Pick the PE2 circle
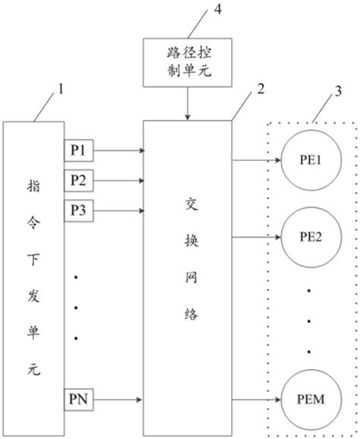[x=311, y=235]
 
